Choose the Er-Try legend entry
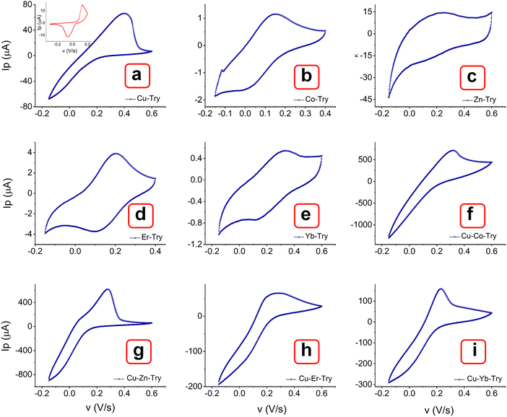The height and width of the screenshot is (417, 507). [144, 237]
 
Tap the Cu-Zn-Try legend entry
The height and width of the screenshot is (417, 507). [139, 378]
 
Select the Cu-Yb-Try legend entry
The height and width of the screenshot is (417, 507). [477, 378]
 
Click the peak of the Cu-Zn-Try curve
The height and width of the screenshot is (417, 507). [107, 289]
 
